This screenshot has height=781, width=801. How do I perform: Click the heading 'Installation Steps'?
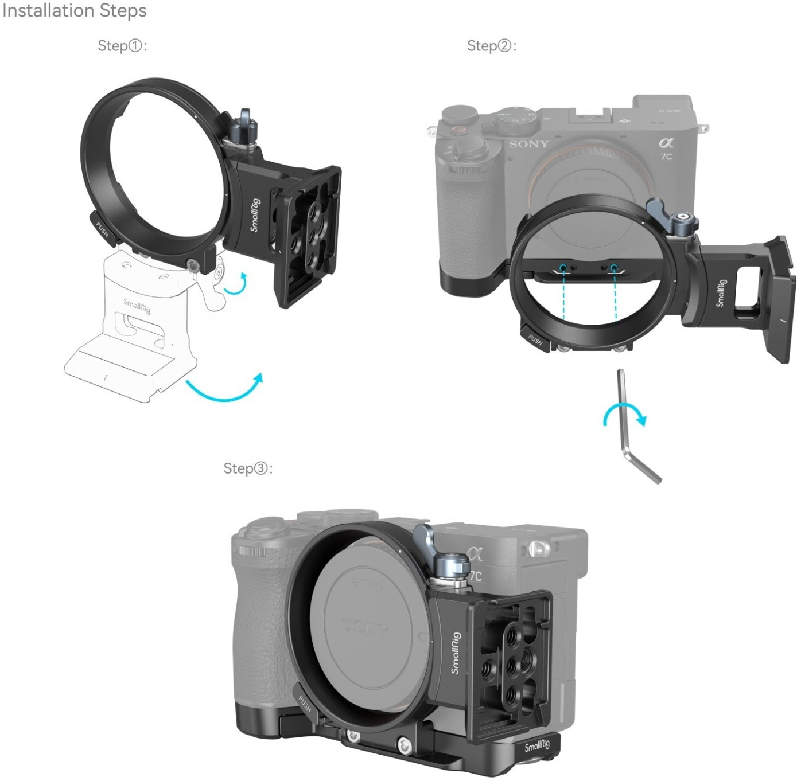(x=74, y=11)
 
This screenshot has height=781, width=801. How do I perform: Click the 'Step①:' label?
(x=122, y=46)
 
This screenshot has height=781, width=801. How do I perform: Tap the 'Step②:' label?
(x=492, y=46)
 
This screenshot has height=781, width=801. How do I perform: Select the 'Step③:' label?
(x=248, y=468)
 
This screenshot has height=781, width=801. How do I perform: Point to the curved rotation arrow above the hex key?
(x=625, y=414)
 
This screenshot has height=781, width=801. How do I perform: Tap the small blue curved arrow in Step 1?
(x=237, y=284)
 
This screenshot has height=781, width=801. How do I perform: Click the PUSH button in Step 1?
(x=102, y=229)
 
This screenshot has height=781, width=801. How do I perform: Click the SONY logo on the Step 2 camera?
(x=528, y=144)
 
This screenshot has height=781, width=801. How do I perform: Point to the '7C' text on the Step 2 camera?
(x=666, y=157)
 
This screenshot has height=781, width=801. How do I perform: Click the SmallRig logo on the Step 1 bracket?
(x=255, y=215)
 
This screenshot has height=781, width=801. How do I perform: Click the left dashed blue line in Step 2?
(x=563, y=294)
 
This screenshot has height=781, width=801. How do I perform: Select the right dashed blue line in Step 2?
(x=615, y=294)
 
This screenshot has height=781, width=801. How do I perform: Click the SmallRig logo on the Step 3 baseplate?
(x=536, y=746)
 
